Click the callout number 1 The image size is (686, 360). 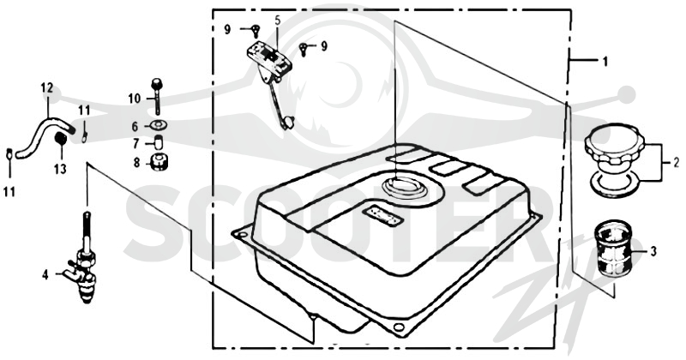point(605,62)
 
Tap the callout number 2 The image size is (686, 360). point(676,164)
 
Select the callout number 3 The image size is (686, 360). point(653,251)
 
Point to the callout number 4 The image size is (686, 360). point(45,275)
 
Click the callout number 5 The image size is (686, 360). point(277,20)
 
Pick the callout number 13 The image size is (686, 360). point(60,168)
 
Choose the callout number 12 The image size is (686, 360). point(47,88)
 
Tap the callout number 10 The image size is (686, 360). point(135,99)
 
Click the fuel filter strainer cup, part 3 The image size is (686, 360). point(613,249)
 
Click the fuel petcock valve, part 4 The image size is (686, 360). point(84,262)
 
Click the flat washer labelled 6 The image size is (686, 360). point(158,125)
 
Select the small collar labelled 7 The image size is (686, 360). point(158,142)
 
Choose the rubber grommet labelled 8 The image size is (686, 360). point(159,162)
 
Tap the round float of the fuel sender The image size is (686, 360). point(288,122)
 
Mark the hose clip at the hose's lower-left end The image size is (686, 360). point(9,154)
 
